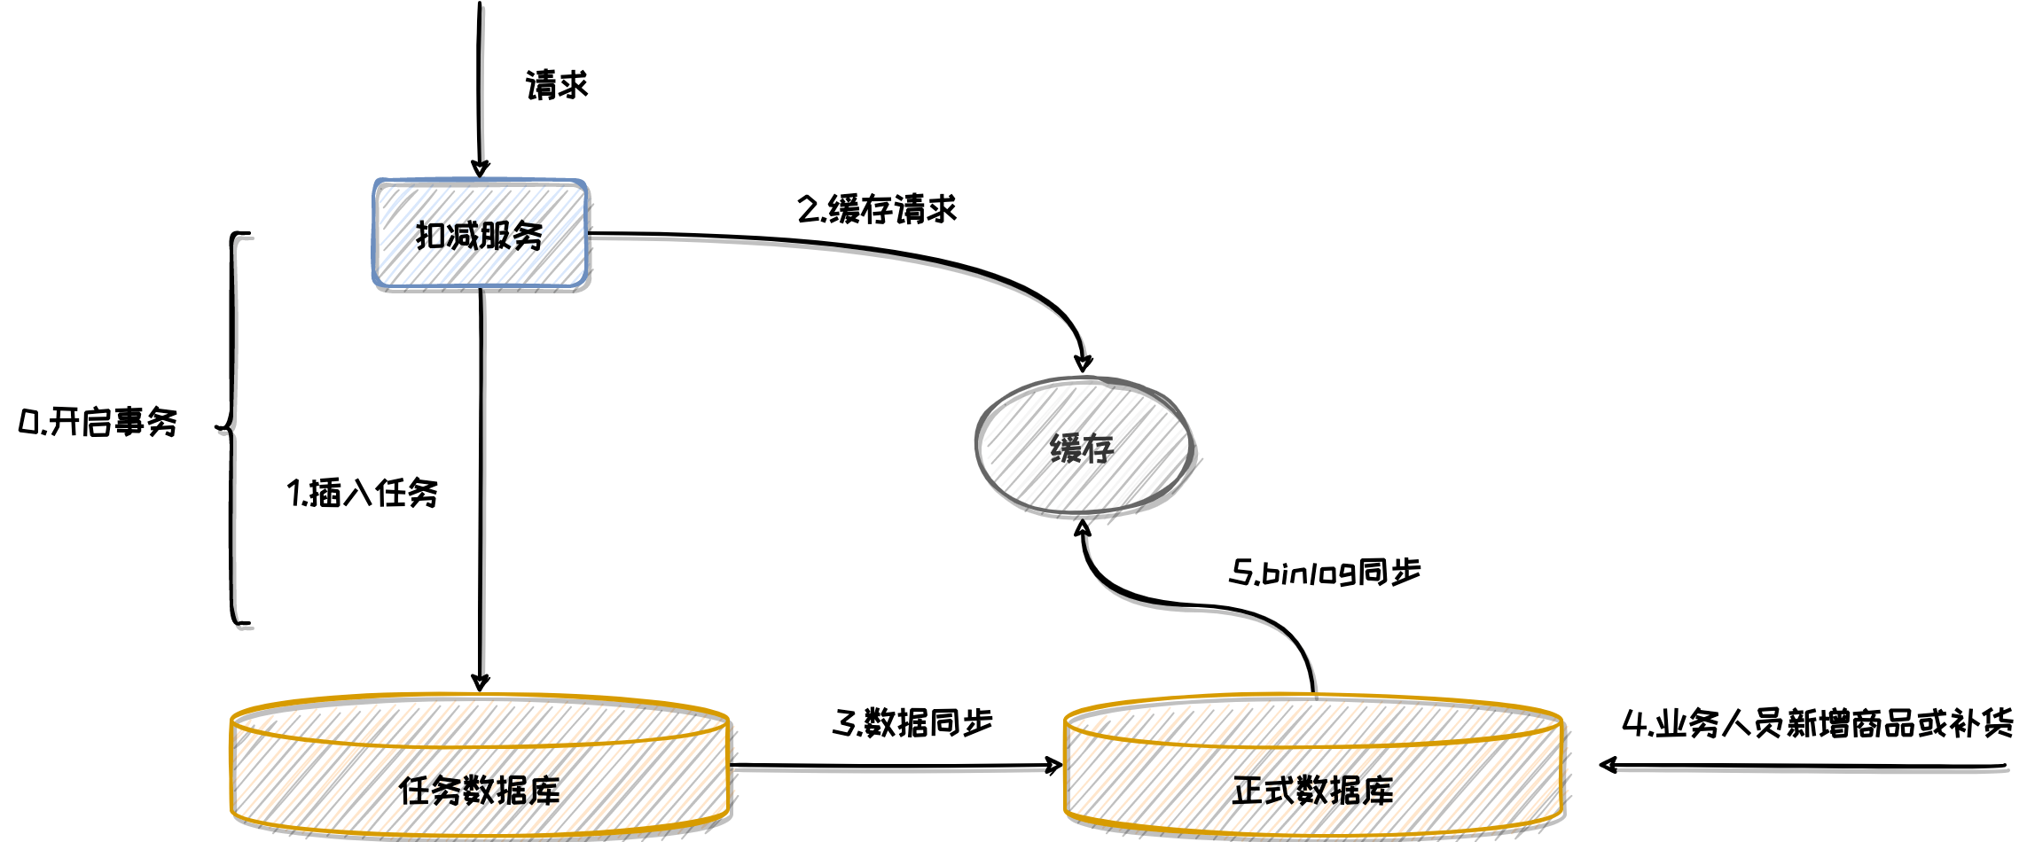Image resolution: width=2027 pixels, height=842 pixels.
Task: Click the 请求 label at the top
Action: (x=557, y=86)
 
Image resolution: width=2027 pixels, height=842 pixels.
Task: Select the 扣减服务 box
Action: (x=480, y=235)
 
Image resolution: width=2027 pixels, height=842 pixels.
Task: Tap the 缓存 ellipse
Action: (x=1083, y=448)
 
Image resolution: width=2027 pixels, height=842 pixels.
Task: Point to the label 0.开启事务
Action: (x=98, y=423)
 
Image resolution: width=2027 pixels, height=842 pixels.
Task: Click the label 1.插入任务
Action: (x=363, y=494)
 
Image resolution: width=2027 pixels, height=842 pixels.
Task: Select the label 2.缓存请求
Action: (x=877, y=210)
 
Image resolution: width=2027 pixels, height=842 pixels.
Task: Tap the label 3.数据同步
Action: (x=912, y=723)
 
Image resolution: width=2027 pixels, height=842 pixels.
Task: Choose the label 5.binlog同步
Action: (x=1325, y=573)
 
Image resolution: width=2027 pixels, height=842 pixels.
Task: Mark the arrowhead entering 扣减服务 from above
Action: (x=480, y=168)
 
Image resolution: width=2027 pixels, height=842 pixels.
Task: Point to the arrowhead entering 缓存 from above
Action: (x=1083, y=362)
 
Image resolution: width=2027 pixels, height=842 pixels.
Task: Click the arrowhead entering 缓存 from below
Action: (x=1083, y=530)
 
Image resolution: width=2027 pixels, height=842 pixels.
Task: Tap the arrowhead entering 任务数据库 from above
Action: (x=480, y=682)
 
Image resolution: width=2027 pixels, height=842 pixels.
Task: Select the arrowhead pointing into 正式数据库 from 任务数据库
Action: (x=1053, y=765)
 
